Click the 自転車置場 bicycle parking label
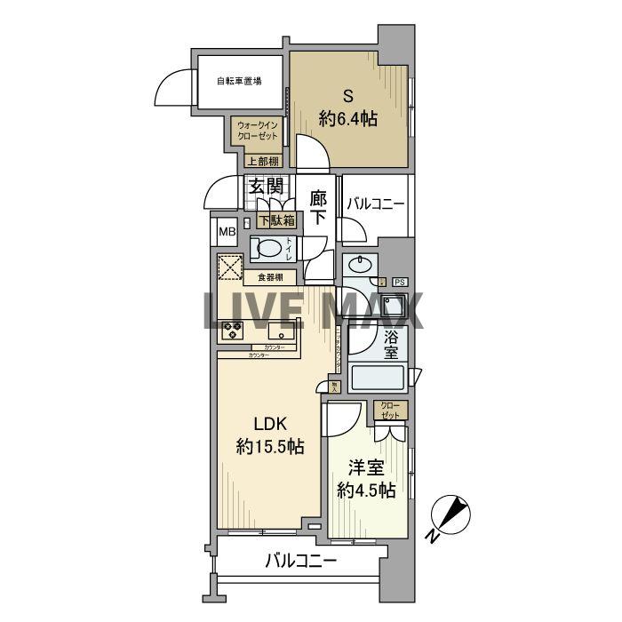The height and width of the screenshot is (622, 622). pos(239,82)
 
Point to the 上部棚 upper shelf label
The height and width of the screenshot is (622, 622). pos(262,162)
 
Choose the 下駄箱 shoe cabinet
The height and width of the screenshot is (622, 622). pos(276,220)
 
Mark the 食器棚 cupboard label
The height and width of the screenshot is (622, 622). pos(270,277)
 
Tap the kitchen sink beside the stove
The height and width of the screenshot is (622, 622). pos(283,331)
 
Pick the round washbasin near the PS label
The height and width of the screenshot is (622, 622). pos(360,265)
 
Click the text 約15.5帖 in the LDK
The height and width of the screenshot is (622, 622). pos(270,446)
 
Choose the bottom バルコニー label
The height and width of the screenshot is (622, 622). pos(301,562)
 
